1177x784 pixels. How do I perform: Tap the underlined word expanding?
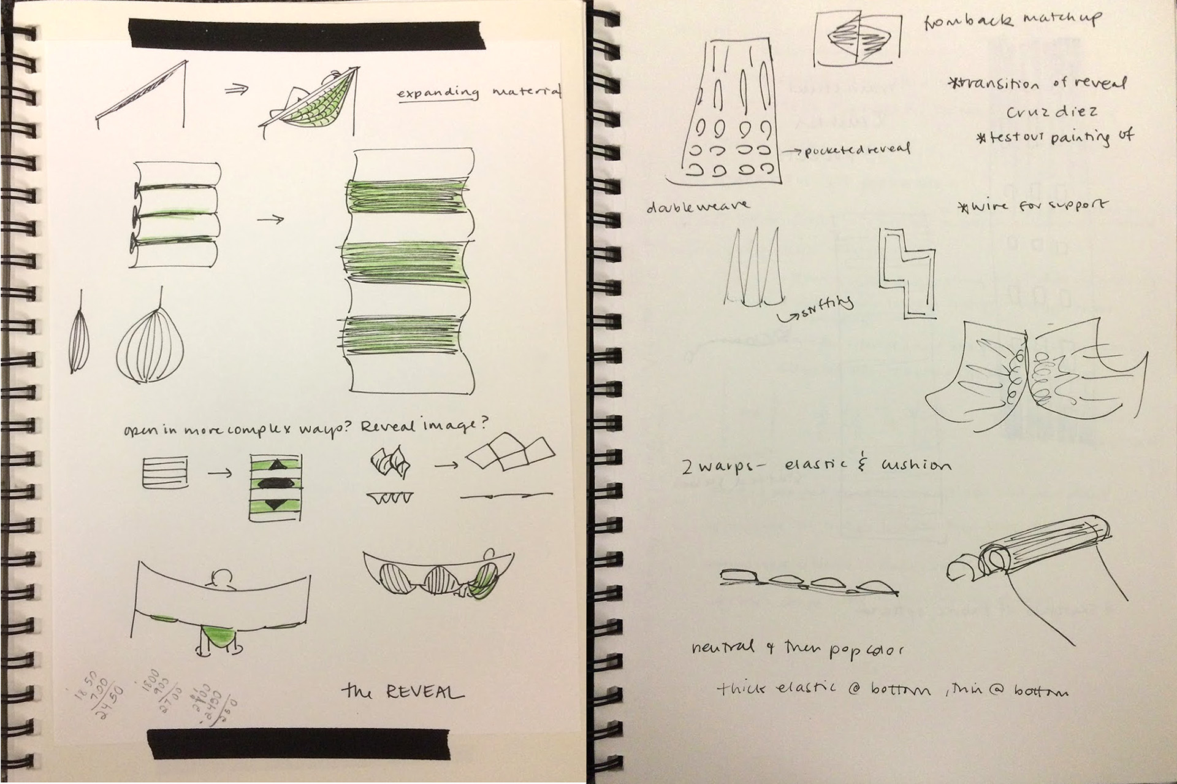437,93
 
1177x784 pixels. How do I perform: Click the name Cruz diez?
1051,112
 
